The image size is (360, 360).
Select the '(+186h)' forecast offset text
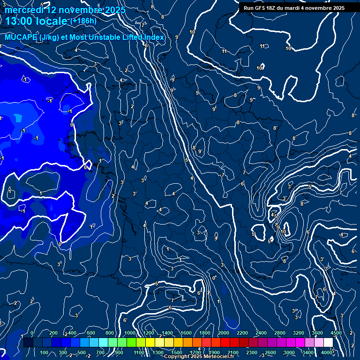point(83,21)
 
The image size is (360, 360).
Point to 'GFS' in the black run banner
point(263,8)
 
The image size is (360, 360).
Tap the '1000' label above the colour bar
point(130,333)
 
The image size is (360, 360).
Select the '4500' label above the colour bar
point(336,333)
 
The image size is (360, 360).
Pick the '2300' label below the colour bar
point(251,352)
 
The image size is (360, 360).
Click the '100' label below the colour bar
point(45,352)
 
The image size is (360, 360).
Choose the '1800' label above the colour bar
point(204,333)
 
